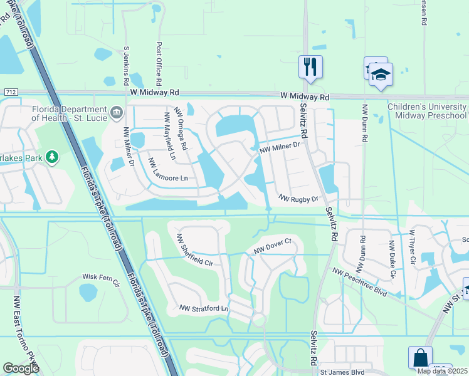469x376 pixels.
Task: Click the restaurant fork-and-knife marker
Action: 310,66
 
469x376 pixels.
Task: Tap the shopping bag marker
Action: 419,358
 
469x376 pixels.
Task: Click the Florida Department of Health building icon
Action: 117,113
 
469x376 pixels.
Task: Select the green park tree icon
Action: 53,157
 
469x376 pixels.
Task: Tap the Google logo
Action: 21,368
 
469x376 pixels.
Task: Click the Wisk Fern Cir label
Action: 100,276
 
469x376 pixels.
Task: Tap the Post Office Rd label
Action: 159,65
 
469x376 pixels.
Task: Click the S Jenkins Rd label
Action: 127,65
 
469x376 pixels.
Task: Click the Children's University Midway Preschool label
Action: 426,111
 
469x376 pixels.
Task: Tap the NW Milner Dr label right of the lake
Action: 280,147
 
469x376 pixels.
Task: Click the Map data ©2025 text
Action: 441,371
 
